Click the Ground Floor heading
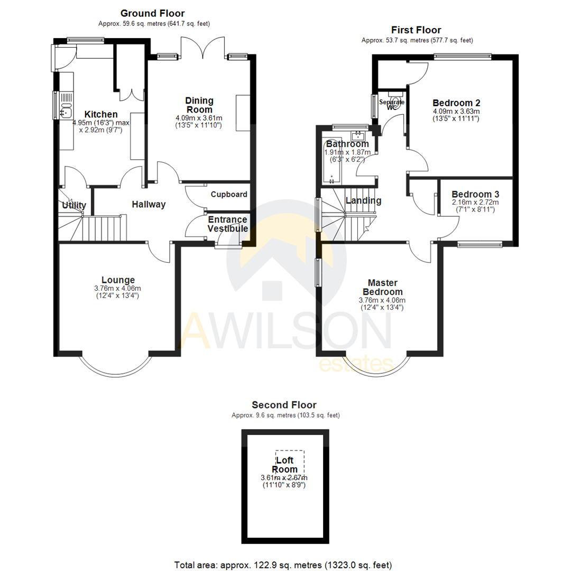point(152,13)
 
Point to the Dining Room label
point(199,105)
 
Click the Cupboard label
point(229,194)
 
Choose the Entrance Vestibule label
point(227,224)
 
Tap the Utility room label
point(74,205)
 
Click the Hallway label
point(149,205)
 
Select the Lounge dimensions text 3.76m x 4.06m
point(118,288)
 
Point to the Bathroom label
point(347,144)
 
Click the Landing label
point(363,200)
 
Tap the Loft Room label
point(284,465)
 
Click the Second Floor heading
point(284,406)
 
